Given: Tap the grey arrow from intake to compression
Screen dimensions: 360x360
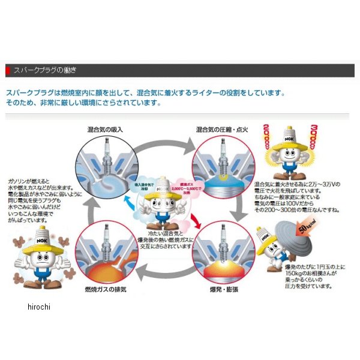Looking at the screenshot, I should [x=166, y=142].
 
